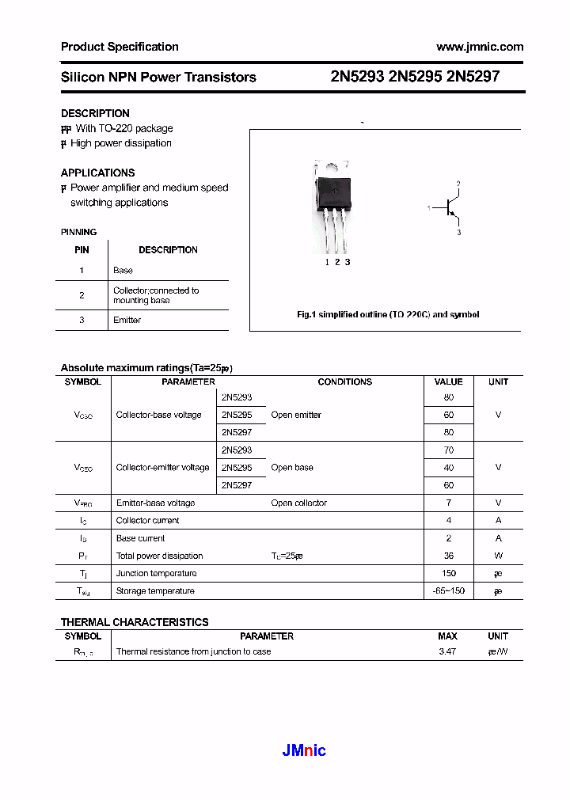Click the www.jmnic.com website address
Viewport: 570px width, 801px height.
pyautogui.click(x=480, y=47)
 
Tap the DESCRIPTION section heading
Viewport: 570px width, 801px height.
pyautogui.click(x=95, y=113)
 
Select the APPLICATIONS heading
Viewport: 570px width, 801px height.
pyautogui.click(x=97, y=173)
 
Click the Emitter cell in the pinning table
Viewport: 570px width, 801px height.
pyautogui.click(x=127, y=321)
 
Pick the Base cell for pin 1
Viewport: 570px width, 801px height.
pyautogui.click(x=123, y=271)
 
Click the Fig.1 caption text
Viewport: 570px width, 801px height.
pyautogui.click(x=387, y=315)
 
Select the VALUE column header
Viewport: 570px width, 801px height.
pyautogui.click(x=448, y=382)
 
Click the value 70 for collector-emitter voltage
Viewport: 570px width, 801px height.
pyautogui.click(x=449, y=450)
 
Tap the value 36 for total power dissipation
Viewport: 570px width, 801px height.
pyautogui.click(x=449, y=556)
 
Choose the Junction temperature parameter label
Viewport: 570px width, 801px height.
pyautogui.click(x=156, y=573)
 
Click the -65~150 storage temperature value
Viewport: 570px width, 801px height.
pyautogui.click(x=449, y=591)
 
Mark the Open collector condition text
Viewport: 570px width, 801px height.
pyautogui.click(x=298, y=503)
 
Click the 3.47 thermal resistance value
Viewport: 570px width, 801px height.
pyautogui.click(x=447, y=652)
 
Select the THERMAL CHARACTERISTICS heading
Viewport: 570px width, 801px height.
pyautogui.click(x=135, y=622)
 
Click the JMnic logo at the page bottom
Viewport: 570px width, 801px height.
pyautogui.click(x=304, y=750)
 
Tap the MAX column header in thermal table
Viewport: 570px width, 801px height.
pyautogui.click(x=447, y=636)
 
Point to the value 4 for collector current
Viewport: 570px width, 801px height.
pyautogui.click(x=449, y=521)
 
